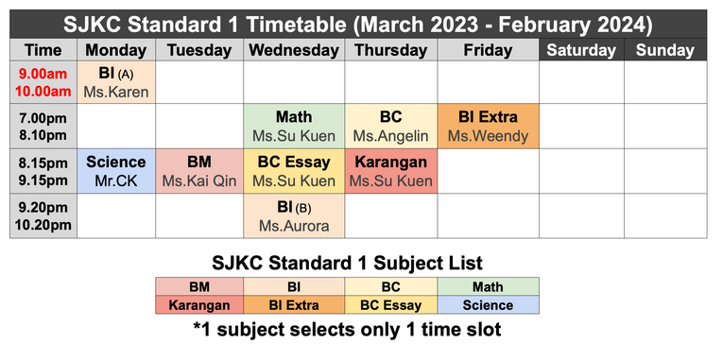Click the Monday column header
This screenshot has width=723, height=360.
point(116,50)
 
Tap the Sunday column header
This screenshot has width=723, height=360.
point(664,50)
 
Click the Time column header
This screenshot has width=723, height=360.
point(43,50)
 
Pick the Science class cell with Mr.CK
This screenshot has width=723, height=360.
point(116,171)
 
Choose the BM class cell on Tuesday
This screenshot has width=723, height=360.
point(199,171)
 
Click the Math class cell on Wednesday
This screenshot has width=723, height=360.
point(294,127)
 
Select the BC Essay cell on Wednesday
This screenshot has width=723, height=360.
point(294,171)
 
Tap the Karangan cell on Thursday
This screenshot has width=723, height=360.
point(390,171)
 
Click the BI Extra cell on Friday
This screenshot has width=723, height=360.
point(488,127)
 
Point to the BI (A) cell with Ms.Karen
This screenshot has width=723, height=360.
point(116,82)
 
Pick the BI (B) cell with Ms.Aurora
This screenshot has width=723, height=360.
point(294,215)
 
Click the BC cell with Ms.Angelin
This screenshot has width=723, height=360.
point(390,127)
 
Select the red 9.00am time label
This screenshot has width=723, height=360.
point(43,74)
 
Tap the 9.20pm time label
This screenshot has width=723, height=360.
point(43,207)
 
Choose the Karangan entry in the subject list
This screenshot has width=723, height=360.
point(201,305)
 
